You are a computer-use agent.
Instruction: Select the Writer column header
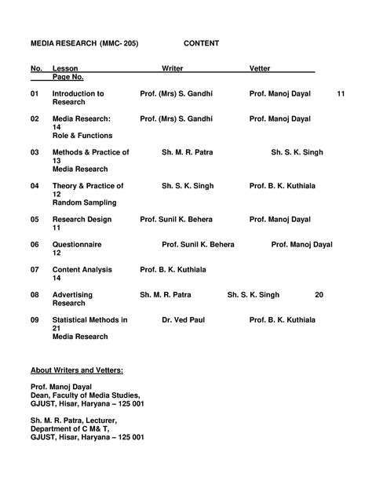tap(172, 70)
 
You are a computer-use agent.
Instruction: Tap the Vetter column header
tap(260, 70)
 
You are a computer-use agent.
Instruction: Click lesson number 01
tap(35, 93)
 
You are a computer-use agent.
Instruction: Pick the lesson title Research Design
tap(82, 220)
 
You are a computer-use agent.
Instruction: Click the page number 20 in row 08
tap(319, 295)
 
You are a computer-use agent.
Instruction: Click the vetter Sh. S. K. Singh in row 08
tap(253, 295)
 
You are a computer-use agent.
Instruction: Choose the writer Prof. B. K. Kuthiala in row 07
tap(173, 270)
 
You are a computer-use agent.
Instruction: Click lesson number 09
tap(35, 320)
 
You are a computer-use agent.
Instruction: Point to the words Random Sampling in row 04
tap(86, 202)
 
